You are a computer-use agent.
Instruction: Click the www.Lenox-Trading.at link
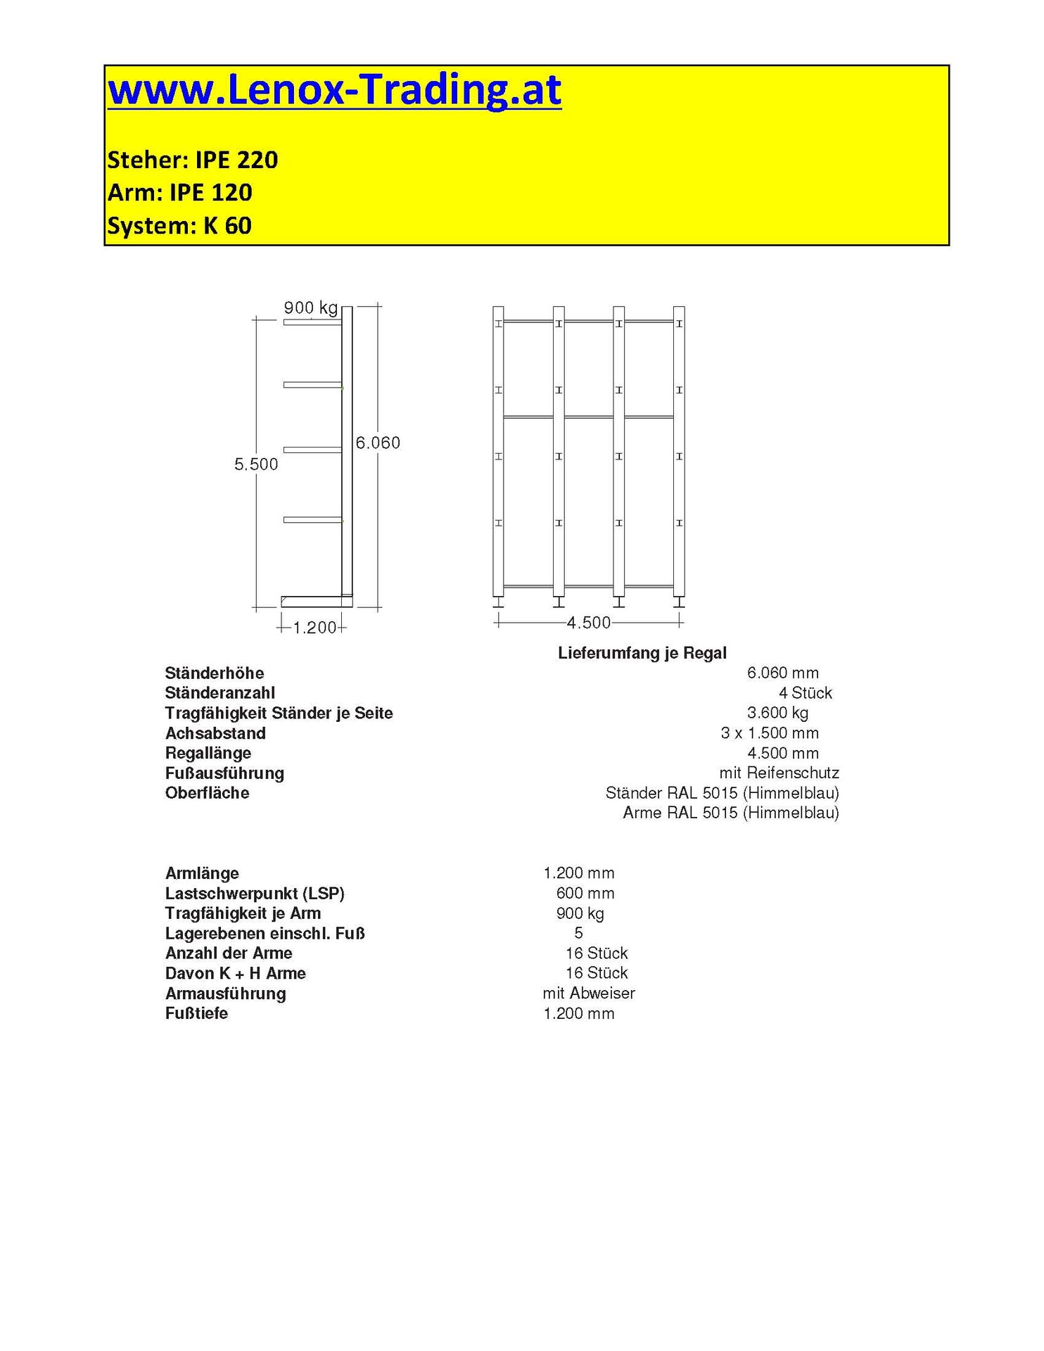(334, 90)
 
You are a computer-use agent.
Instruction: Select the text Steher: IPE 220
(192, 160)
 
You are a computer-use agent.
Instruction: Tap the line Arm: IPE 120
(179, 193)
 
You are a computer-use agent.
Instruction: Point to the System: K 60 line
(179, 226)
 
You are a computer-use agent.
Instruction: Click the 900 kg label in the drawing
(310, 307)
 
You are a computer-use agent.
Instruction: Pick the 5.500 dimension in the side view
(256, 464)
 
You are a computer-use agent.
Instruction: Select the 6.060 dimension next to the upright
(378, 443)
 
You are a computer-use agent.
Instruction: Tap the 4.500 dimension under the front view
(589, 623)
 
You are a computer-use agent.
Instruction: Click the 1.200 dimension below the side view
(314, 628)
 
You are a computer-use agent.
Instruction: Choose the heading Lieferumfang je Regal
(642, 653)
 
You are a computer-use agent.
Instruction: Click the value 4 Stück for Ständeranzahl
(805, 693)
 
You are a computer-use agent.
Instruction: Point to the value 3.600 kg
(777, 713)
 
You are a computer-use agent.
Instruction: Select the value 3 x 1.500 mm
(770, 733)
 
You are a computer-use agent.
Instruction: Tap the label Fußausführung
(224, 773)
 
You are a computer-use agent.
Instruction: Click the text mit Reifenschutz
(779, 773)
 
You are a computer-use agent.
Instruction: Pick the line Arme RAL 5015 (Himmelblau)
(730, 813)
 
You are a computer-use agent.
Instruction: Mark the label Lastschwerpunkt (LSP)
(255, 894)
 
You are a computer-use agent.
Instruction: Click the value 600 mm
(585, 894)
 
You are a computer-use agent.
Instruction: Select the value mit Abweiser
(589, 994)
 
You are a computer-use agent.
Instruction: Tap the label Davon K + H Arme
(235, 974)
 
